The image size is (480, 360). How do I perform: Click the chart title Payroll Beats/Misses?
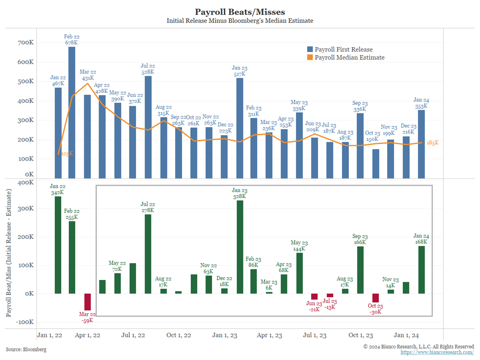click(239, 11)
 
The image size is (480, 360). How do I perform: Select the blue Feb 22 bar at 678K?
click(72, 112)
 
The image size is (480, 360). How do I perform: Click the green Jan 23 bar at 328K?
click(240, 247)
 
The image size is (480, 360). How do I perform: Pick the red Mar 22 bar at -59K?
click(87, 302)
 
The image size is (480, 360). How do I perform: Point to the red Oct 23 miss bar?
click(375, 298)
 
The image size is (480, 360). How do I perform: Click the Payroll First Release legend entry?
click(344, 50)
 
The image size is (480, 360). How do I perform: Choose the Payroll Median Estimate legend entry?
click(349, 57)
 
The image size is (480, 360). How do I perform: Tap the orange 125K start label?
click(67, 154)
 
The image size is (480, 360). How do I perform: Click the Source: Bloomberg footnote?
click(26, 349)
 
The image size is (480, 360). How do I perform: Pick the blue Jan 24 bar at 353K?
click(421, 144)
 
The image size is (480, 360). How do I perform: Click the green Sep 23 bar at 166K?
click(360, 270)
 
